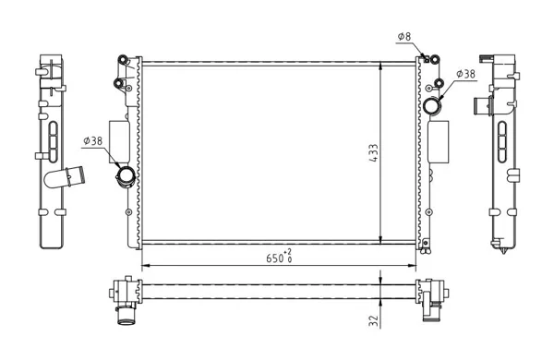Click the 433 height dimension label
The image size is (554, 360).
pos(374,152)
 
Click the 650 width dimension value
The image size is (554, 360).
pos(274,258)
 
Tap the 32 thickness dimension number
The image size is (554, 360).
pos(373,320)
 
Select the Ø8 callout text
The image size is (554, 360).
pos(404,36)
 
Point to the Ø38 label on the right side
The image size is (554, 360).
pos(465,74)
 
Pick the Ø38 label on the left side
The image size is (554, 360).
pos(92,141)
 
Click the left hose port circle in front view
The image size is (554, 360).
pos(126,175)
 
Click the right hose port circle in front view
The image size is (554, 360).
pos(432,105)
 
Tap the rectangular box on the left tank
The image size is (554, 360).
pos(119,141)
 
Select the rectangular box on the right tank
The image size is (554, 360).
pos(439,141)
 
